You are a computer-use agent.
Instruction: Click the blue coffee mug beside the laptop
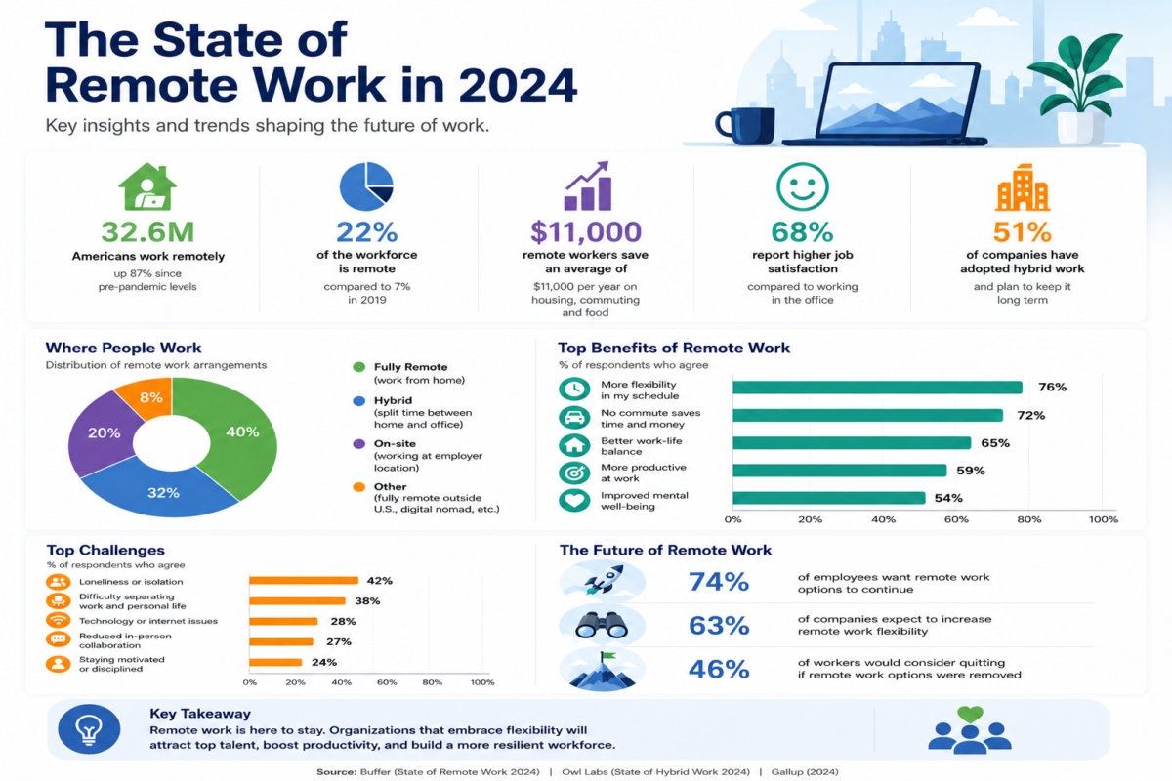click(745, 126)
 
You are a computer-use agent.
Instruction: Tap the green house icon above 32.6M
click(147, 186)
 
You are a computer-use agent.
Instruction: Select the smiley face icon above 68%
click(802, 186)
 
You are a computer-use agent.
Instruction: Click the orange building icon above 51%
click(1023, 187)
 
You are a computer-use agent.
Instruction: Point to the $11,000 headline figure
click(585, 231)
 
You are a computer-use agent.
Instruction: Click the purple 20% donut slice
click(102, 432)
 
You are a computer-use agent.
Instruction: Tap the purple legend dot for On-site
click(359, 444)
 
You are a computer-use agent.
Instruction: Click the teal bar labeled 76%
click(877, 388)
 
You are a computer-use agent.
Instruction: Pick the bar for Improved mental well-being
click(829, 498)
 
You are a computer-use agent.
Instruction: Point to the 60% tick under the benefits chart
click(956, 519)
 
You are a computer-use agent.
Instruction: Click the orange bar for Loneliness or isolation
click(304, 580)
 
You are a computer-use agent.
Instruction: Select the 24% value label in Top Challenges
click(324, 662)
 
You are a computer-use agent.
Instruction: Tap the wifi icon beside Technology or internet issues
click(58, 620)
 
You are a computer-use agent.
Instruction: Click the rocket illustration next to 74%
click(603, 580)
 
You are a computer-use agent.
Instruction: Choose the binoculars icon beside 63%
click(602, 625)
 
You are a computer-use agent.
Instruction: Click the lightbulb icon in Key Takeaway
click(89, 729)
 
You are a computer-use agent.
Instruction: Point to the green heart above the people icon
click(970, 714)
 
